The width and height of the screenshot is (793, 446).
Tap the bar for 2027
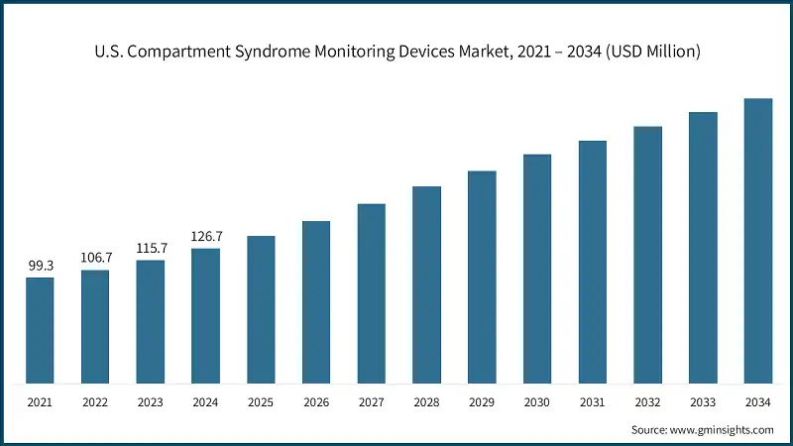371,293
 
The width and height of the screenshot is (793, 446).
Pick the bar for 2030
537,269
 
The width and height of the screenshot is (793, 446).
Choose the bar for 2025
261,309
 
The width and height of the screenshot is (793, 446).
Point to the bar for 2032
647,255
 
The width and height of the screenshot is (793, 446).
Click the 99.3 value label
40,267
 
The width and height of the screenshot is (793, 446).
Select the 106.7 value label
96,258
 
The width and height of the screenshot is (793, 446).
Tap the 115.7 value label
151,249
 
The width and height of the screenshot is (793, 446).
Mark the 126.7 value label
206,237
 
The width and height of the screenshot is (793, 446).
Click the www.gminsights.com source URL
724,430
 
